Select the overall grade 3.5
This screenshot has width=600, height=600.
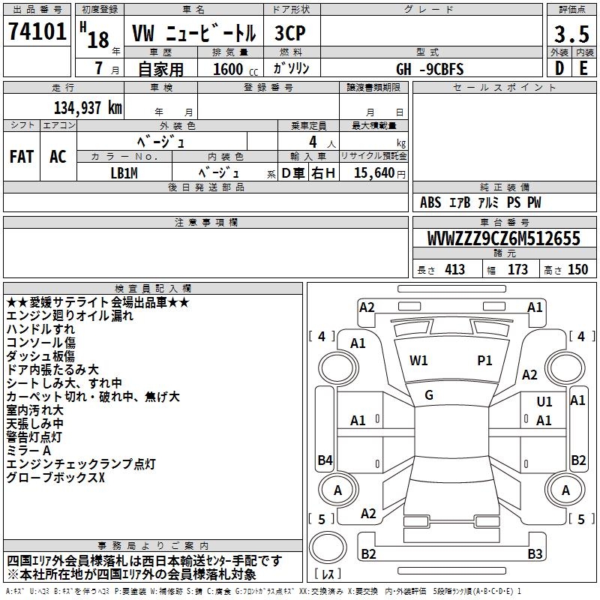pos(570,34)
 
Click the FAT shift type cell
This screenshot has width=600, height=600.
pos(22,157)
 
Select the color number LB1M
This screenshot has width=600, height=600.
pos(124,173)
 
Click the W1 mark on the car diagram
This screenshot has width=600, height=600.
pos(418,361)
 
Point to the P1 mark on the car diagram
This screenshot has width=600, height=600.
pos(485,361)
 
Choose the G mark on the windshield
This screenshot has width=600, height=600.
pos(429,395)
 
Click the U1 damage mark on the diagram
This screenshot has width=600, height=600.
pos(544,403)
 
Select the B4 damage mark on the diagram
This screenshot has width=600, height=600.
pos(325,460)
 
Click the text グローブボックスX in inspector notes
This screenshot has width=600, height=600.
pos(56,478)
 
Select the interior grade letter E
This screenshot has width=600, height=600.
pos(583,68)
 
